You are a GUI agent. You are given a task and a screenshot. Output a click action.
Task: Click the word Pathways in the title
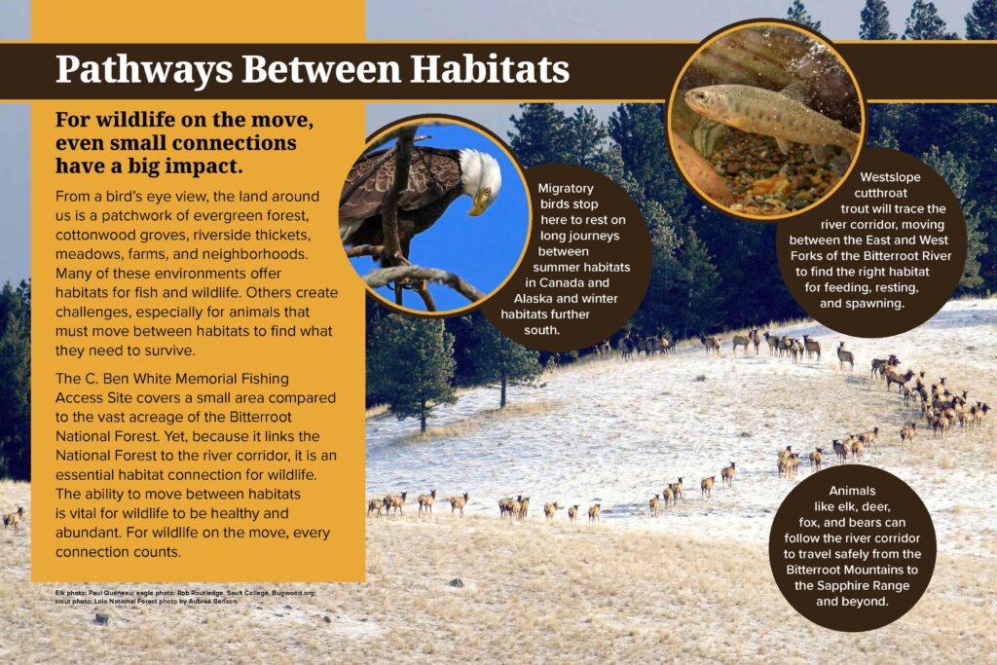[x=144, y=70]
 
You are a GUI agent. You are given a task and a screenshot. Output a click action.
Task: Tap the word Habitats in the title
[x=489, y=69]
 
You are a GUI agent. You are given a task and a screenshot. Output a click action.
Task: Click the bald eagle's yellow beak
[x=478, y=203]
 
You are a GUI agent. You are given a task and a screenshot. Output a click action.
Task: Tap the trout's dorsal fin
[x=794, y=92]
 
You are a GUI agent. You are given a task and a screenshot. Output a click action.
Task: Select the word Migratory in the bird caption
[x=566, y=188]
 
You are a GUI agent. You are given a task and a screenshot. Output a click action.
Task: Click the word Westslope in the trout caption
[x=890, y=177]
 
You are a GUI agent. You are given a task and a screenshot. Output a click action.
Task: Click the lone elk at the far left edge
[x=13, y=518]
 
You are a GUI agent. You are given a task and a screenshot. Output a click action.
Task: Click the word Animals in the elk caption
[x=852, y=491]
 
